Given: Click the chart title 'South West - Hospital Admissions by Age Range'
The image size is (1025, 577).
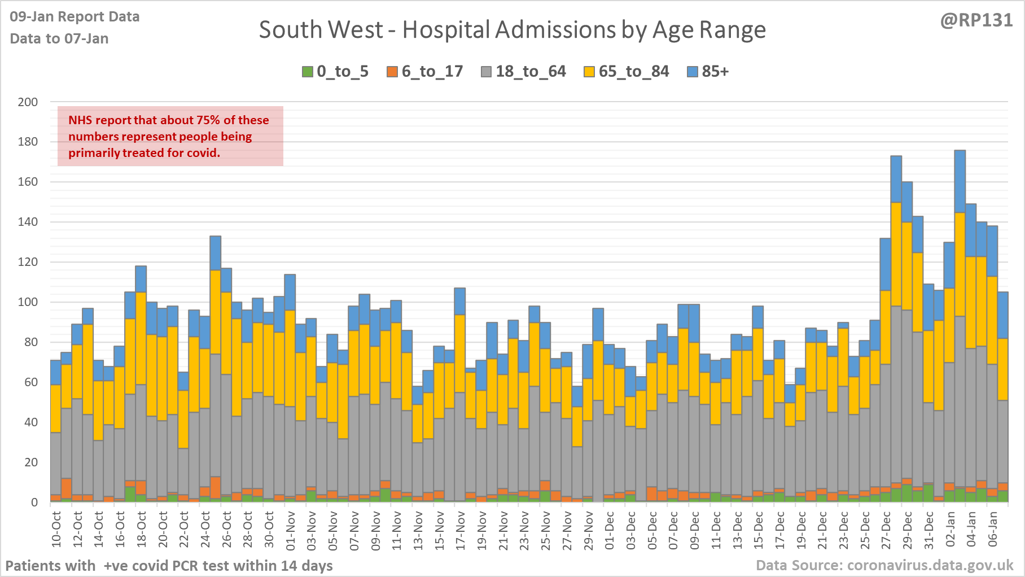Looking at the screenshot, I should [512, 30].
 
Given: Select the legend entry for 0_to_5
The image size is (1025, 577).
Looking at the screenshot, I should [335, 72].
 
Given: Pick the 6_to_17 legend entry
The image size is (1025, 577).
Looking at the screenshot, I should [425, 72].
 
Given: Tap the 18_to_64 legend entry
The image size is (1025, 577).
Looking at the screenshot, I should [523, 72].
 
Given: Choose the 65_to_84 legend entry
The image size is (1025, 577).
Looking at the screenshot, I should [627, 72].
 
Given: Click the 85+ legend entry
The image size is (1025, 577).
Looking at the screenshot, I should [708, 72].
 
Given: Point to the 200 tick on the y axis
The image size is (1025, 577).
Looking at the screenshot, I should [28, 102].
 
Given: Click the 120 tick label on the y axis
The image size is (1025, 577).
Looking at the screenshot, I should [28, 262].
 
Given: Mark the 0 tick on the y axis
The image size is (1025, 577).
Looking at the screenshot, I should [34, 502].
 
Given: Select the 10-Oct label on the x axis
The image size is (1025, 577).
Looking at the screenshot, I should [56, 530].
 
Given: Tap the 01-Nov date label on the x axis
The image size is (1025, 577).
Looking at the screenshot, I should [291, 530].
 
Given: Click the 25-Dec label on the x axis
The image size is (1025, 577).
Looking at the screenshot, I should [865, 530].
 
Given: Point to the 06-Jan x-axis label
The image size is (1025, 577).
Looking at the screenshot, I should [993, 530].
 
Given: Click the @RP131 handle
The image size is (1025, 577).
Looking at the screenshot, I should [976, 20].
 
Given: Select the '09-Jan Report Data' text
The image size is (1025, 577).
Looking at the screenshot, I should [75, 17].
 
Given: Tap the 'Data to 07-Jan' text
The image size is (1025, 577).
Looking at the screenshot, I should [59, 38].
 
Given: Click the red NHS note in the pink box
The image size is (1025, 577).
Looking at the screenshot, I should [169, 136].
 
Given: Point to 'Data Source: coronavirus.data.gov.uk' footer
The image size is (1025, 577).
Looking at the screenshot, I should [884, 565].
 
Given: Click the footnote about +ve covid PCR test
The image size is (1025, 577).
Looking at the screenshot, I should [169, 565].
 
